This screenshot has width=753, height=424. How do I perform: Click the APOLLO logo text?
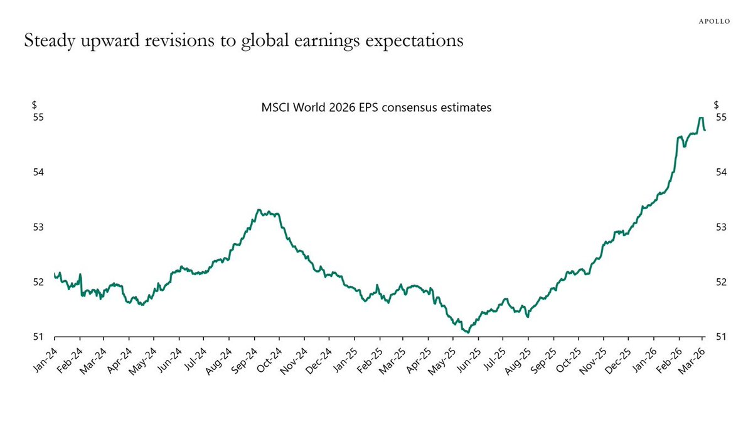pos(715,21)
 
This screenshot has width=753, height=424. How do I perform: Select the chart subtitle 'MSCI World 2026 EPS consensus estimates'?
pos(376,107)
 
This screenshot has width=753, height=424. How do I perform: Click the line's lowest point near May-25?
pos(468,332)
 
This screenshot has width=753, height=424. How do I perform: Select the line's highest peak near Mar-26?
pos(700,118)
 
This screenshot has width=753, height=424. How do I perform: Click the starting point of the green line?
pos(55,273)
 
